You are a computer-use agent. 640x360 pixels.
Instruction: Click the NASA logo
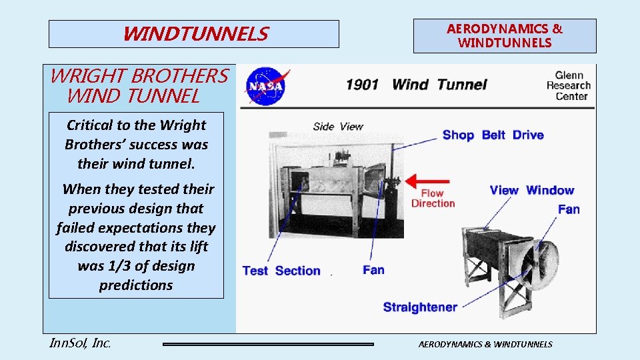[265, 87]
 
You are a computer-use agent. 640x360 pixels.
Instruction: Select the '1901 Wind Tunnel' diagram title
[416, 85]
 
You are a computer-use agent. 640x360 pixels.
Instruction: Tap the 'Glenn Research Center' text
[568, 86]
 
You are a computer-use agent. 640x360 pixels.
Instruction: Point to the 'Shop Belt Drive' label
[493, 135]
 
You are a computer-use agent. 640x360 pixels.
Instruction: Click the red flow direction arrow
[429, 181]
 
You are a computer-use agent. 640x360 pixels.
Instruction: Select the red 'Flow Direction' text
[433, 199]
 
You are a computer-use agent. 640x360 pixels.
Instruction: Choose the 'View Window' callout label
[531, 191]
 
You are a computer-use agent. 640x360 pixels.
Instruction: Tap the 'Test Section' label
[281, 271]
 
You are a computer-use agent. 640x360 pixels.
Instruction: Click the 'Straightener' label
[420, 307]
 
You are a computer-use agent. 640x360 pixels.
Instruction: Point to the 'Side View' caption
[338, 127]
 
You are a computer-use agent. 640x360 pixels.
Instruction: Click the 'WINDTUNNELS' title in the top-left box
[195, 34]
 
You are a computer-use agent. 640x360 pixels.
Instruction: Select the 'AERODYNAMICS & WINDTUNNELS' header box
[505, 36]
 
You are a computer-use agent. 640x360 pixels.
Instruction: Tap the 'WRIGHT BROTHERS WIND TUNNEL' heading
[139, 86]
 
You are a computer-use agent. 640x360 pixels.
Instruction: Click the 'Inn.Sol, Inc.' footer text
[80, 343]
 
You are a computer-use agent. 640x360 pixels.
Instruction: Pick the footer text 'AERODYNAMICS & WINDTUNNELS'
[485, 344]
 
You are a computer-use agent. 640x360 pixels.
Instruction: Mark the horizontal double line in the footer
[269, 344]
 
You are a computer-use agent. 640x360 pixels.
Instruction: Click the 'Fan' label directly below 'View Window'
[569, 209]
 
